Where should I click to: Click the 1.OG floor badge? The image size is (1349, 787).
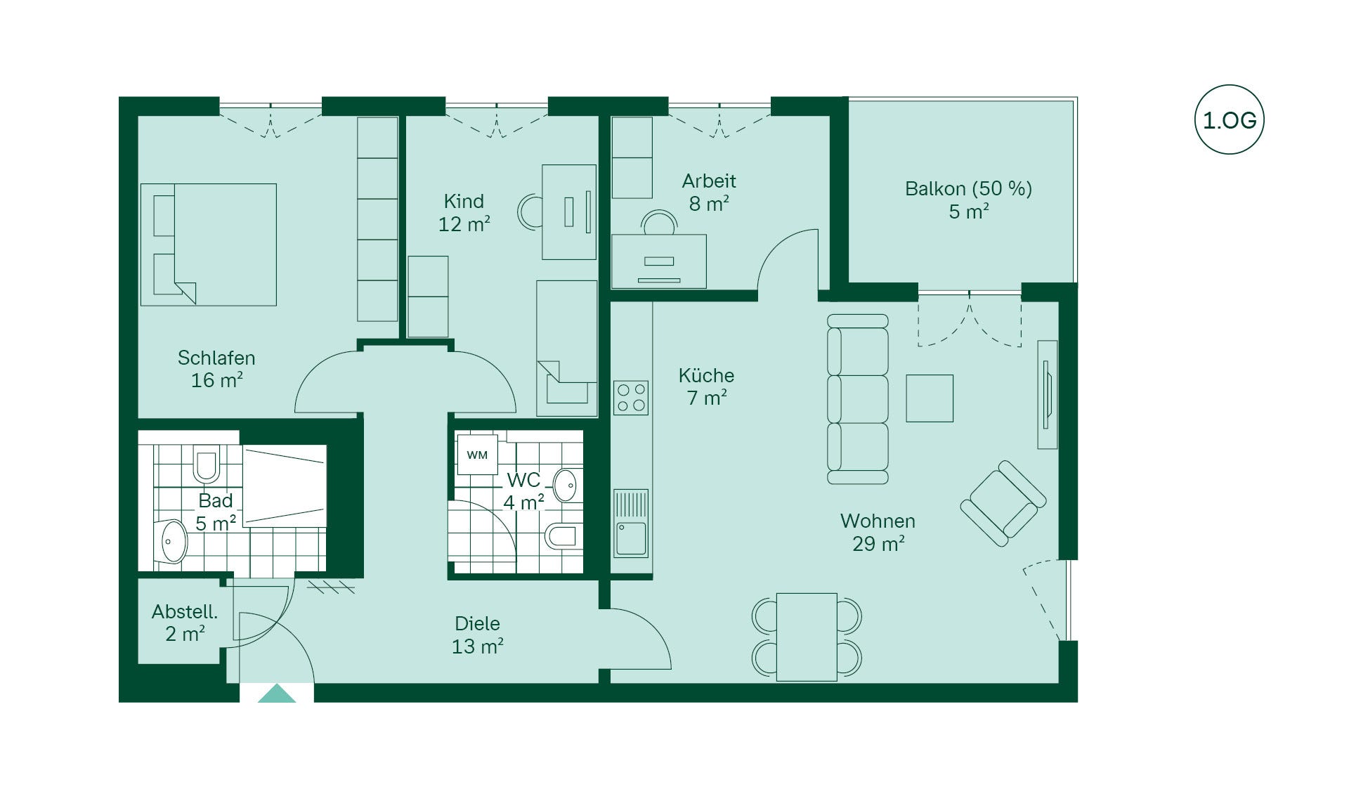tap(1229, 120)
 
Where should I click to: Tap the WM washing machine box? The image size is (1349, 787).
tap(477, 455)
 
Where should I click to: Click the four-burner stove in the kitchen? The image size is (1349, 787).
tap(630, 398)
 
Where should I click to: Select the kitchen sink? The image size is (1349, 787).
tap(630, 524)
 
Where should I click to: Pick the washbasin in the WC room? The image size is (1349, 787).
tap(566, 485)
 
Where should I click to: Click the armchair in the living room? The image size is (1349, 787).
tap(1003, 503)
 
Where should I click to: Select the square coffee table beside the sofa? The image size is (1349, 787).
tap(930, 398)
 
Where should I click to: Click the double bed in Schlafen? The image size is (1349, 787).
tap(209, 245)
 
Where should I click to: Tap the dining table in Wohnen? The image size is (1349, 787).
tap(807, 637)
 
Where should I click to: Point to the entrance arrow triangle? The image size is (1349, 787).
tap(277, 693)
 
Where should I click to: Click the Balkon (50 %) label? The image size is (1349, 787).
tap(968, 188)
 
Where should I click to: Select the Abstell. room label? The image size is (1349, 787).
tap(185, 611)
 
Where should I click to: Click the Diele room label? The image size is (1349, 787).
tap(477, 623)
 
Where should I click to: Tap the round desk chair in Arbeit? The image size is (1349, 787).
tap(660, 223)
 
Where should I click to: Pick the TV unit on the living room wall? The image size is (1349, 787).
tap(1047, 394)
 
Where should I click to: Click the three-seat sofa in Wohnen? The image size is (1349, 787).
tap(858, 399)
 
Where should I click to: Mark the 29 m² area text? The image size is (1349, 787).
tap(878, 543)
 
